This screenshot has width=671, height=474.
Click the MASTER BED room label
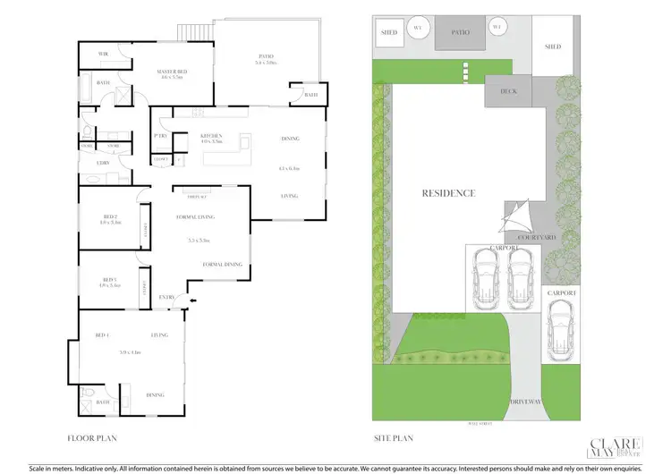coord(170,72)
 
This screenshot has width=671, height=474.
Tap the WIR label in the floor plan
coord(104,55)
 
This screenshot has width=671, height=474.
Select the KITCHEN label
coord(211,137)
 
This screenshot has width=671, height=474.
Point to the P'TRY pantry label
coord(162,136)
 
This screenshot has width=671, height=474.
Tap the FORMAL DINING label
coord(222,264)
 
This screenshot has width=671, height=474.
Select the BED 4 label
coord(101,336)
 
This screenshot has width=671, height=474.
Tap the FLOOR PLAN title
coord(93,438)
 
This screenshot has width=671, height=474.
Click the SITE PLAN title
coord(393,438)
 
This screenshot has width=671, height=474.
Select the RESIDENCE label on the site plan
coord(448,193)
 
